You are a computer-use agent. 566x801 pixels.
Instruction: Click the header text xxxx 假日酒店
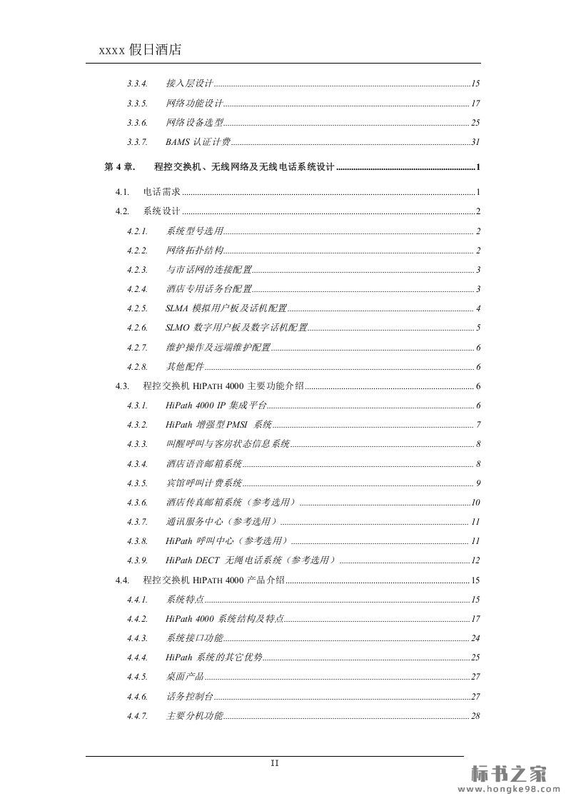139,49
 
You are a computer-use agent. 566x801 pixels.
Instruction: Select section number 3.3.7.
137,142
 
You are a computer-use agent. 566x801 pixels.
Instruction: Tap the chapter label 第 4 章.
119,167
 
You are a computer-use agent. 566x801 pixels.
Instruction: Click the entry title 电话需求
161,192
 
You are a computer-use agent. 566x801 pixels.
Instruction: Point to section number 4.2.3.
137,270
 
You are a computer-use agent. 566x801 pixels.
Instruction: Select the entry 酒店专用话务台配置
208,289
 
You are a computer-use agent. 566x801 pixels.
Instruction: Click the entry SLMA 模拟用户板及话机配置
226,308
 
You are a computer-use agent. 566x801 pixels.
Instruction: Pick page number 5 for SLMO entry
478,328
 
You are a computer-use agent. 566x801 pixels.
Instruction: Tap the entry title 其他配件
184,367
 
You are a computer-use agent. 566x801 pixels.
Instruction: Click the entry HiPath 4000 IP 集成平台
216,405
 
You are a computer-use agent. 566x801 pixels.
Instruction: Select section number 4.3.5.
137,483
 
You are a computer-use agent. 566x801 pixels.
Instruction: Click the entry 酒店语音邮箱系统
203,464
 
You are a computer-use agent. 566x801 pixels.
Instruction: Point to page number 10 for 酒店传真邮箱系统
475,503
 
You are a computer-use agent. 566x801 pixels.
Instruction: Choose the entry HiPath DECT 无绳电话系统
250,560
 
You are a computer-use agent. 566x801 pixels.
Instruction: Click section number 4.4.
122,580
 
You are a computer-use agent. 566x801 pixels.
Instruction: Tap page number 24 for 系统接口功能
475,638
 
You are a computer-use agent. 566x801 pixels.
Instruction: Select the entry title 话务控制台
189,696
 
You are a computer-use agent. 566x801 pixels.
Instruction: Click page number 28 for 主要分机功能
475,715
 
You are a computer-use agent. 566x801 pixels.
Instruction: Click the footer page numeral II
275,762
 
